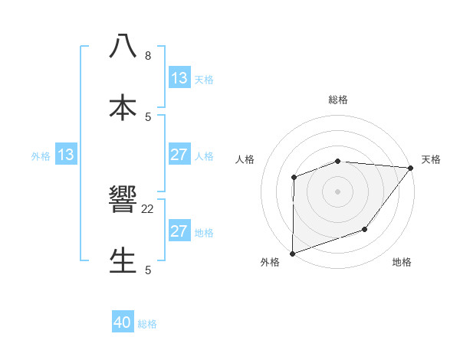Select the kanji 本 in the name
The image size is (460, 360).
tap(123, 106)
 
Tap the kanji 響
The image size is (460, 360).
tap(123, 201)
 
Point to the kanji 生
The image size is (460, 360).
tap(123, 260)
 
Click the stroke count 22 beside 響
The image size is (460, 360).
tap(148, 209)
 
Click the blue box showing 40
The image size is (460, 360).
tap(123, 323)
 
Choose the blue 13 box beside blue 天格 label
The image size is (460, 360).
tap(179, 78)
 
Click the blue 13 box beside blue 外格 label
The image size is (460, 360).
tap(66, 155)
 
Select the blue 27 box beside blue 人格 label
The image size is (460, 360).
tap(179, 155)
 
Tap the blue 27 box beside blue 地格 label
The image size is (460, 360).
tap(179, 232)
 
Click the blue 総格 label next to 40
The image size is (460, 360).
tap(147, 324)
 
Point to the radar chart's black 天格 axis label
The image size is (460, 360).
tap(431, 159)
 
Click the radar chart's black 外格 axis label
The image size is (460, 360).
tap(270, 262)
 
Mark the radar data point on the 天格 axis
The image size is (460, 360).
tap(411, 167)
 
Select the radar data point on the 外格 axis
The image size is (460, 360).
tap(293, 253)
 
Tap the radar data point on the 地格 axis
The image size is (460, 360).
tap(366, 229)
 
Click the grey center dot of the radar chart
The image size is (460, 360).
tap(337, 191)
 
